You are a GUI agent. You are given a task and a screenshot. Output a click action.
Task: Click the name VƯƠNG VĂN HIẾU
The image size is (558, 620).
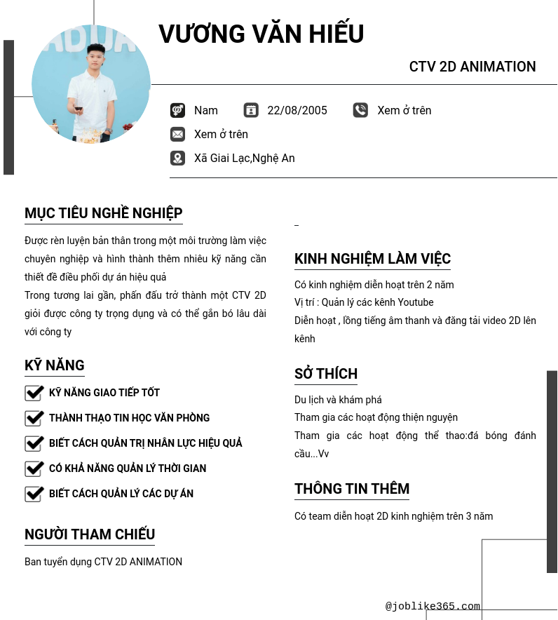tap(261, 34)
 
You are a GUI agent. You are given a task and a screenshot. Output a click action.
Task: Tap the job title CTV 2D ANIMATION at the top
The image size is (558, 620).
tap(472, 67)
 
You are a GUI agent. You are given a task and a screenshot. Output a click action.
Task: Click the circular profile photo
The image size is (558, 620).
tap(91, 84)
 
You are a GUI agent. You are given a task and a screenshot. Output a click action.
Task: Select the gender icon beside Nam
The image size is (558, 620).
tap(177, 110)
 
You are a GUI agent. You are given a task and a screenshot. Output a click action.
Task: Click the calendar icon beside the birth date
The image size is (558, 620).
tap(251, 110)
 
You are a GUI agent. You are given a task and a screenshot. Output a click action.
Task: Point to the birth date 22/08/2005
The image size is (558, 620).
tap(297, 111)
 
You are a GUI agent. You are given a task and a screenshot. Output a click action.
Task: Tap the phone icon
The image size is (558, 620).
tap(360, 110)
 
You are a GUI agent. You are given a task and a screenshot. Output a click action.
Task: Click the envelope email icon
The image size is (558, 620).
tap(177, 134)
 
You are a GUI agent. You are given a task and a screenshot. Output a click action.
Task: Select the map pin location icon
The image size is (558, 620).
tap(177, 158)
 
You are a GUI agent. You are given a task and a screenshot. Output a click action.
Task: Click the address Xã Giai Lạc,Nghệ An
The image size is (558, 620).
tap(244, 159)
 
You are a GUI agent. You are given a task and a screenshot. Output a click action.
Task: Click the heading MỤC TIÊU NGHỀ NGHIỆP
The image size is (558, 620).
tap(104, 213)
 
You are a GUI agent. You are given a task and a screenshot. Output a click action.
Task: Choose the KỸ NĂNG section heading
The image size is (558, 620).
tap(55, 365)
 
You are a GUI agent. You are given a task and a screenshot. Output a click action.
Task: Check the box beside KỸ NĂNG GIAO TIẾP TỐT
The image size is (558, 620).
tap(34, 393)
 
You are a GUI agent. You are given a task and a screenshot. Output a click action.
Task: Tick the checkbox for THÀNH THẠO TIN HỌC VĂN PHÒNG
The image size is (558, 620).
tap(34, 418)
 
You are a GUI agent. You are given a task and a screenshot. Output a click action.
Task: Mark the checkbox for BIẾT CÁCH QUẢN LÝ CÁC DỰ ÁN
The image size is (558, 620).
tap(34, 494)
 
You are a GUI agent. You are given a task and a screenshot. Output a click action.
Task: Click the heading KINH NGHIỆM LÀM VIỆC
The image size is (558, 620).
tap(372, 259)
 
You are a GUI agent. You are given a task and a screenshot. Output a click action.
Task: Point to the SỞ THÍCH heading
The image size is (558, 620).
tap(326, 374)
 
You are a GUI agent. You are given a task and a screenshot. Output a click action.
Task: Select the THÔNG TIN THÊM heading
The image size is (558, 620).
tap(352, 489)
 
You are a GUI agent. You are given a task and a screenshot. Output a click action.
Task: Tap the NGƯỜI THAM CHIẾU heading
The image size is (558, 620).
tap(90, 534)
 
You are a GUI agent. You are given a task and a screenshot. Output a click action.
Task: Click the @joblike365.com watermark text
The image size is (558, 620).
tap(433, 607)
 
